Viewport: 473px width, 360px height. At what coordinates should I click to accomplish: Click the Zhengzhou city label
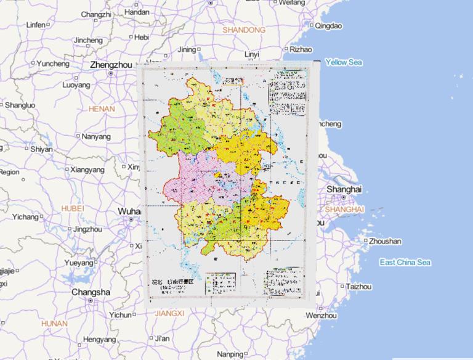click(x=111, y=64)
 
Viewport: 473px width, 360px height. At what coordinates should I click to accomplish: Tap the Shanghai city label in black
click(x=344, y=189)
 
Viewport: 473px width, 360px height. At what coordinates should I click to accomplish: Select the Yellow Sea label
click(x=344, y=62)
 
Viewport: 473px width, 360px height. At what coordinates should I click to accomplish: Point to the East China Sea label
click(x=405, y=263)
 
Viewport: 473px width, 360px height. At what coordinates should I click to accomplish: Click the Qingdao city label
click(x=328, y=26)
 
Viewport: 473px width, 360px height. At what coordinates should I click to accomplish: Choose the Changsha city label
click(x=91, y=292)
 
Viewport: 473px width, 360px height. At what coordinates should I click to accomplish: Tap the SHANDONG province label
click(x=244, y=30)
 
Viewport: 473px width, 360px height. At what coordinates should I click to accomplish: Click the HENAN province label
click(x=102, y=108)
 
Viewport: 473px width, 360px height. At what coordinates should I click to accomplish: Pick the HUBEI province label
click(x=73, y=209)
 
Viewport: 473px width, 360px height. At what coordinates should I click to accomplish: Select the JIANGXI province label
click(x=169, y=314)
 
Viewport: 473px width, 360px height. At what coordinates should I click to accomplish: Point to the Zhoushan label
click(x=385, y=241)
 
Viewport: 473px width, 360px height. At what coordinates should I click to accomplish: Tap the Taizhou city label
click(x=358, y=287)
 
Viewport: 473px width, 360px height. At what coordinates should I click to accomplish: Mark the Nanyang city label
click(x=95, y=136)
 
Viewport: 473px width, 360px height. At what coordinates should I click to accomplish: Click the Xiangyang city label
click(x=87, y=169)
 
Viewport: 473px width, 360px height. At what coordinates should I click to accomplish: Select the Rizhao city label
click(x=301, y=49)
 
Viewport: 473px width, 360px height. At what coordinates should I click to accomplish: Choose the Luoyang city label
click(x=76, y=85)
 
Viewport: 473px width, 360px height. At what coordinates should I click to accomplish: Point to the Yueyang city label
click(x=78, y=263)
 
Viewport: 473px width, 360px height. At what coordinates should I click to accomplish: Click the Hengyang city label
click(x=99, y=340)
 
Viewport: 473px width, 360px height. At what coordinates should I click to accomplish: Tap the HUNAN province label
click(x=54, y=323)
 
